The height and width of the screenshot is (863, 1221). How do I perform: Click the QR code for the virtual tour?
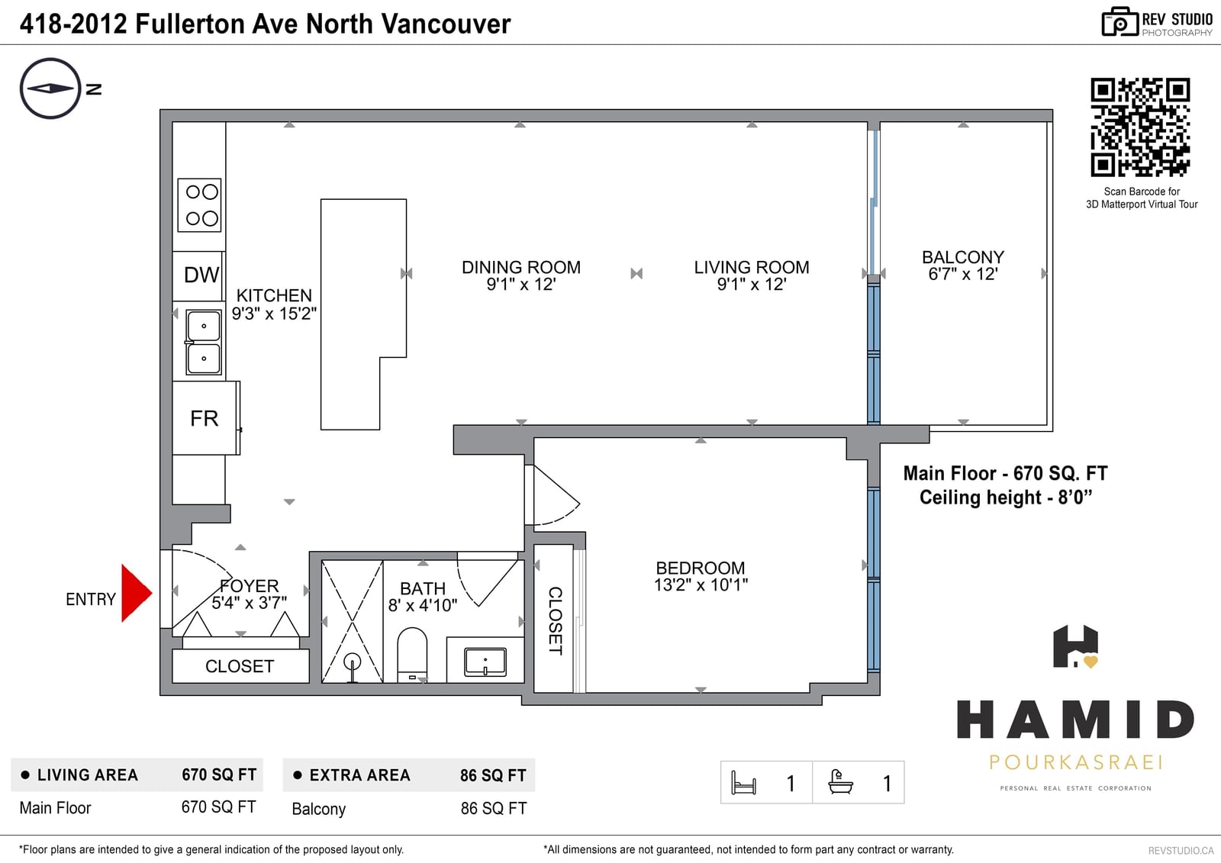(x=1140, y=127)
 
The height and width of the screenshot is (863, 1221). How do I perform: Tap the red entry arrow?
(x=137, y=593)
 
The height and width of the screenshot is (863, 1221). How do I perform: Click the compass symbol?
(x=50, y=89)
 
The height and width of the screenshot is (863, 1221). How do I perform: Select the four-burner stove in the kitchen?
(x=199, y=205)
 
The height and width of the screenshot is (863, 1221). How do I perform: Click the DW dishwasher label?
(x=201, y=275)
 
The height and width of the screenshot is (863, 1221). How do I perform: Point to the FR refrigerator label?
(x=204, y=419)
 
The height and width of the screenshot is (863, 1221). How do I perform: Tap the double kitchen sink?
(x=203, y=343)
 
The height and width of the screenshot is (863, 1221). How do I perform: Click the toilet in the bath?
(x=412, y=654)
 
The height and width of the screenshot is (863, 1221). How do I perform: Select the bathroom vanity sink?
(x=485, y=662)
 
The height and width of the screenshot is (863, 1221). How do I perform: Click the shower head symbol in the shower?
(x=353, y=666)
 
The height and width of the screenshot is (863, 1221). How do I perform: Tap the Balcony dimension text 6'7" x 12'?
(x=962, y=274)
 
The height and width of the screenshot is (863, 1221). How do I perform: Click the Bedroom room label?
(x=701, y=568)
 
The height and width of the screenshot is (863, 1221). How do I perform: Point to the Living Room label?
(x=751, y=267)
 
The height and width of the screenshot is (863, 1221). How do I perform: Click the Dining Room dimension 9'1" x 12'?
(x=521, y=285)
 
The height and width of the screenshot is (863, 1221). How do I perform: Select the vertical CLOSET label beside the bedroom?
(x=555, y=620)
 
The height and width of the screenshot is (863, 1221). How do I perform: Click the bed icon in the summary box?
(x=743, y=783)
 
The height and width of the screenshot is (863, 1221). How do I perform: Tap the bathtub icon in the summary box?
(x=840, y=782)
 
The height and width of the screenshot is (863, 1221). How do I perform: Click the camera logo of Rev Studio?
(x=1120, y=22)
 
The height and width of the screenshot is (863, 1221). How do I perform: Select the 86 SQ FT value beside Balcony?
(x=493, y=809)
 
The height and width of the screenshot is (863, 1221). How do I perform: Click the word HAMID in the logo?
(x=1075, y=720)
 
